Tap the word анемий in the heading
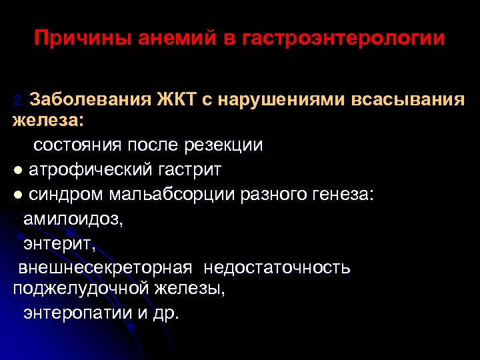point(171,38)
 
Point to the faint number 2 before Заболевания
point(19,101)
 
